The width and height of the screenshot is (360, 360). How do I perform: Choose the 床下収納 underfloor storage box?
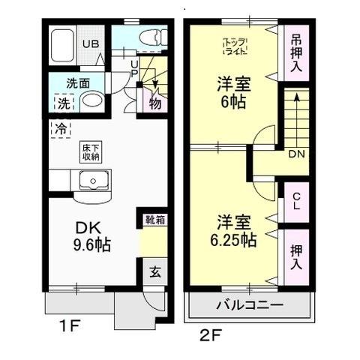[91, 152]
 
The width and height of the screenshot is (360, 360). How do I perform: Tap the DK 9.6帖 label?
[90, 235]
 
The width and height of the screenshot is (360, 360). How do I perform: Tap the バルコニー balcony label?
[249, 305]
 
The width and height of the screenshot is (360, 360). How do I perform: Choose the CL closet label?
[296, 200]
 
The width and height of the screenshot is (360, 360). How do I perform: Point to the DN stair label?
[297, 154]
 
